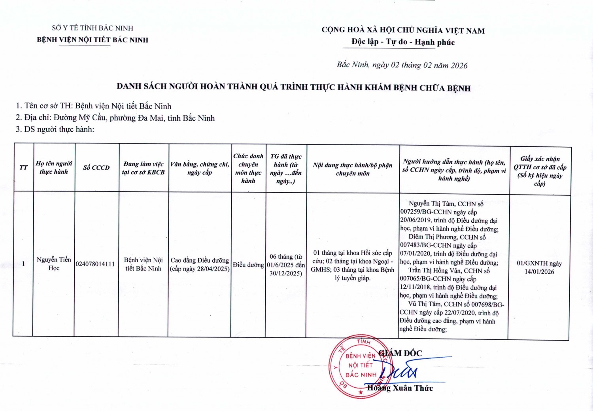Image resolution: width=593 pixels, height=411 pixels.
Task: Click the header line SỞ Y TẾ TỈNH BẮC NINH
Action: [93, 28]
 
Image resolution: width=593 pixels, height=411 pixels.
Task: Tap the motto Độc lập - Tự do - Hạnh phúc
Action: [403, 42]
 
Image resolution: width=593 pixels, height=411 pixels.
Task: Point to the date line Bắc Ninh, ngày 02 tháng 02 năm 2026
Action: [402, 65]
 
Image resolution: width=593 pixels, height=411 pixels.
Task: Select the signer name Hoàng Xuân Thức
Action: [400, 388]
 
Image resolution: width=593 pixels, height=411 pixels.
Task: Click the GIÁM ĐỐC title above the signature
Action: [400, 353]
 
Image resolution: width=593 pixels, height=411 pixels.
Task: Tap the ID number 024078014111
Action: [95, 264]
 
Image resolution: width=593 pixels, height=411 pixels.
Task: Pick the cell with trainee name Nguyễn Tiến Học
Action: [54, 264]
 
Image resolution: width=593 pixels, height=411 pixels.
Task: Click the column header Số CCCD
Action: [96, 168]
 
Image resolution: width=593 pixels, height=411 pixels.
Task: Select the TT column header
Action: [23, 168]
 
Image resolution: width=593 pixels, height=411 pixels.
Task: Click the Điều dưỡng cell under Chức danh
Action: [248, 265]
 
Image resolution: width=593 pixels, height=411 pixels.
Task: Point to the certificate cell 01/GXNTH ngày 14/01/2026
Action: [539, 267]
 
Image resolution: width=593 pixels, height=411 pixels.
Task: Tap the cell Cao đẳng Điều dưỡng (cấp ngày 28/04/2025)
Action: [200, 265]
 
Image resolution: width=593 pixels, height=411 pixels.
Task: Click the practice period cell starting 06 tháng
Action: [286, 265]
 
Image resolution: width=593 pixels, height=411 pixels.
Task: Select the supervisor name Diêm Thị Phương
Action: [432, 237]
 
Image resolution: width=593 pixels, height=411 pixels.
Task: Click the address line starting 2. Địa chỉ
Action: [115, 118]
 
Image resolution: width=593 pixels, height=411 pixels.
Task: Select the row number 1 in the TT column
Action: [23, 264]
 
